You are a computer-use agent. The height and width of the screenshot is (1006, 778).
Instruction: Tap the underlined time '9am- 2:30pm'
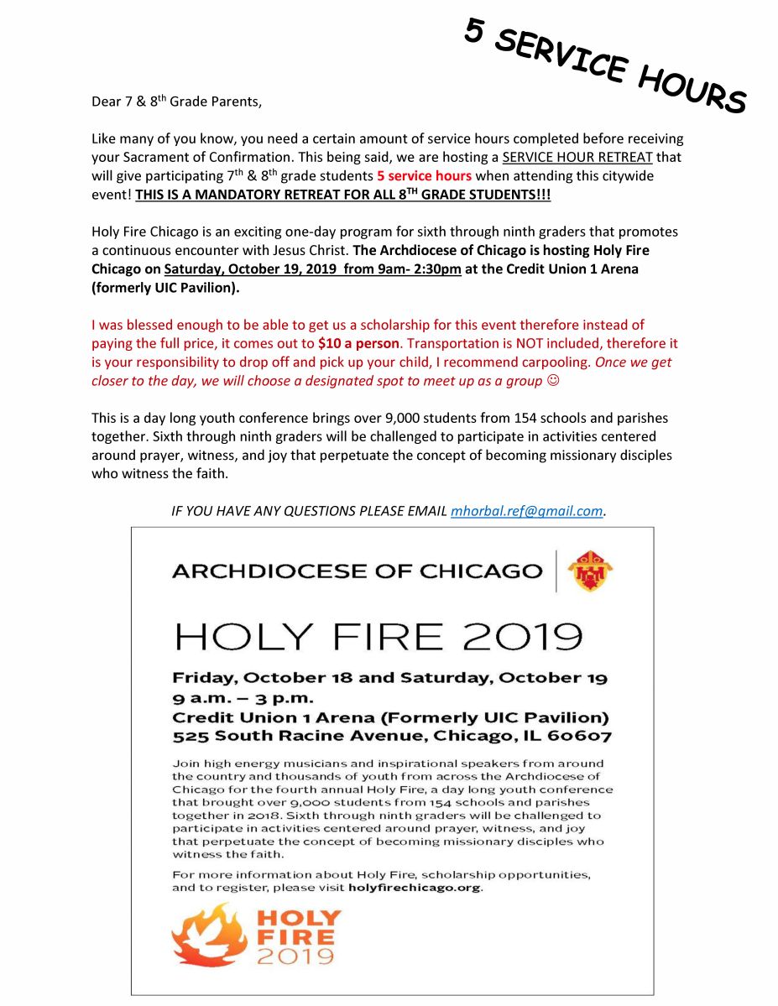[414, 269]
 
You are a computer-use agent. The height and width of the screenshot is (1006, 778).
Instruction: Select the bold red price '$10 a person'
[358, 344]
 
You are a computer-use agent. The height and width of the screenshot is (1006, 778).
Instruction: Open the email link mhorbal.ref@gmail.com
[526, 511]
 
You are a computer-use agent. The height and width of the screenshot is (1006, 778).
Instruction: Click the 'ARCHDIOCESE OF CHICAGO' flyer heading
[357, 571]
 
